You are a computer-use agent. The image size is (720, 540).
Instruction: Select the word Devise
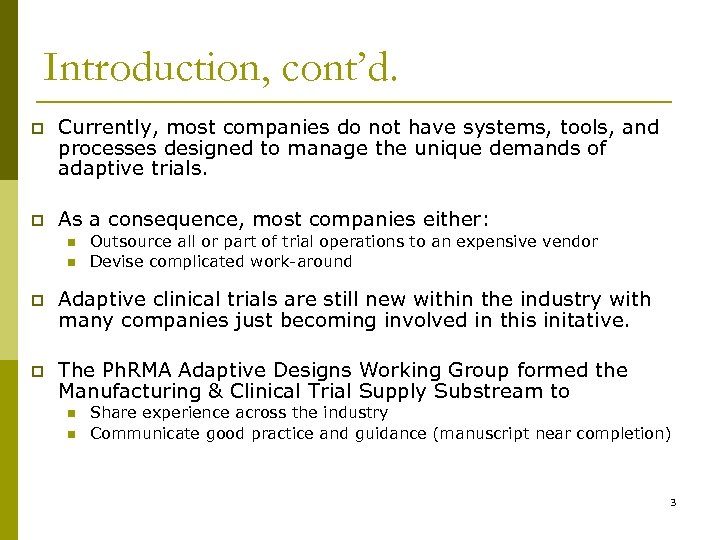pyautogui.click(x=114, y=262)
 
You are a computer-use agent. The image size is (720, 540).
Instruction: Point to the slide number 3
pyautogui.click(x=673, y=502)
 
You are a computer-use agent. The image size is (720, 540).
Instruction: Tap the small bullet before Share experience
pyautogui.click(x=72, y=412)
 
